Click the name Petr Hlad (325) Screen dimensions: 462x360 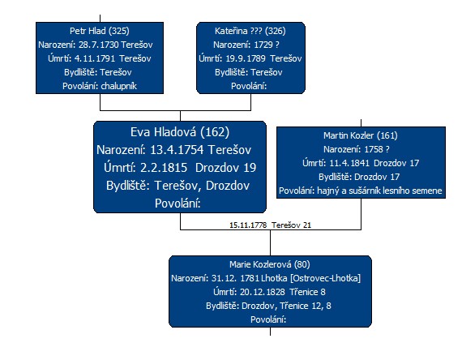[100, 31]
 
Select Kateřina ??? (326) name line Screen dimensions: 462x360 [250, 31]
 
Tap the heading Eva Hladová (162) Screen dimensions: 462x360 [180, 132]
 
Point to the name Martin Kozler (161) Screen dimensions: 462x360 [361, 135]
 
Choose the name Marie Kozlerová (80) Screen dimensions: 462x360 [270, 264]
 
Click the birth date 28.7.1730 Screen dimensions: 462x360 [99, 45]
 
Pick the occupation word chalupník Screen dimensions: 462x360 [118, 86]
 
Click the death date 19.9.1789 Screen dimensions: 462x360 [246, 58]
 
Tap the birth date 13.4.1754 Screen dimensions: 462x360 [177, 150]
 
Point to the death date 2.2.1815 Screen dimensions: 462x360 [164, 168]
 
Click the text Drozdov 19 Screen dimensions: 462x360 [225, 168]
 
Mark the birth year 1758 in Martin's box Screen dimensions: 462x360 [374, 149]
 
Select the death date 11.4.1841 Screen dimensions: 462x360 [349, 163]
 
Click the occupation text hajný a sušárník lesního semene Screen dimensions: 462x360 [379, 191]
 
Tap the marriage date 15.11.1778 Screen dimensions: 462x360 [248, 225]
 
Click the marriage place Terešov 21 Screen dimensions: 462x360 [291, 225]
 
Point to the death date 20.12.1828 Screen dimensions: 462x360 [263, 292]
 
